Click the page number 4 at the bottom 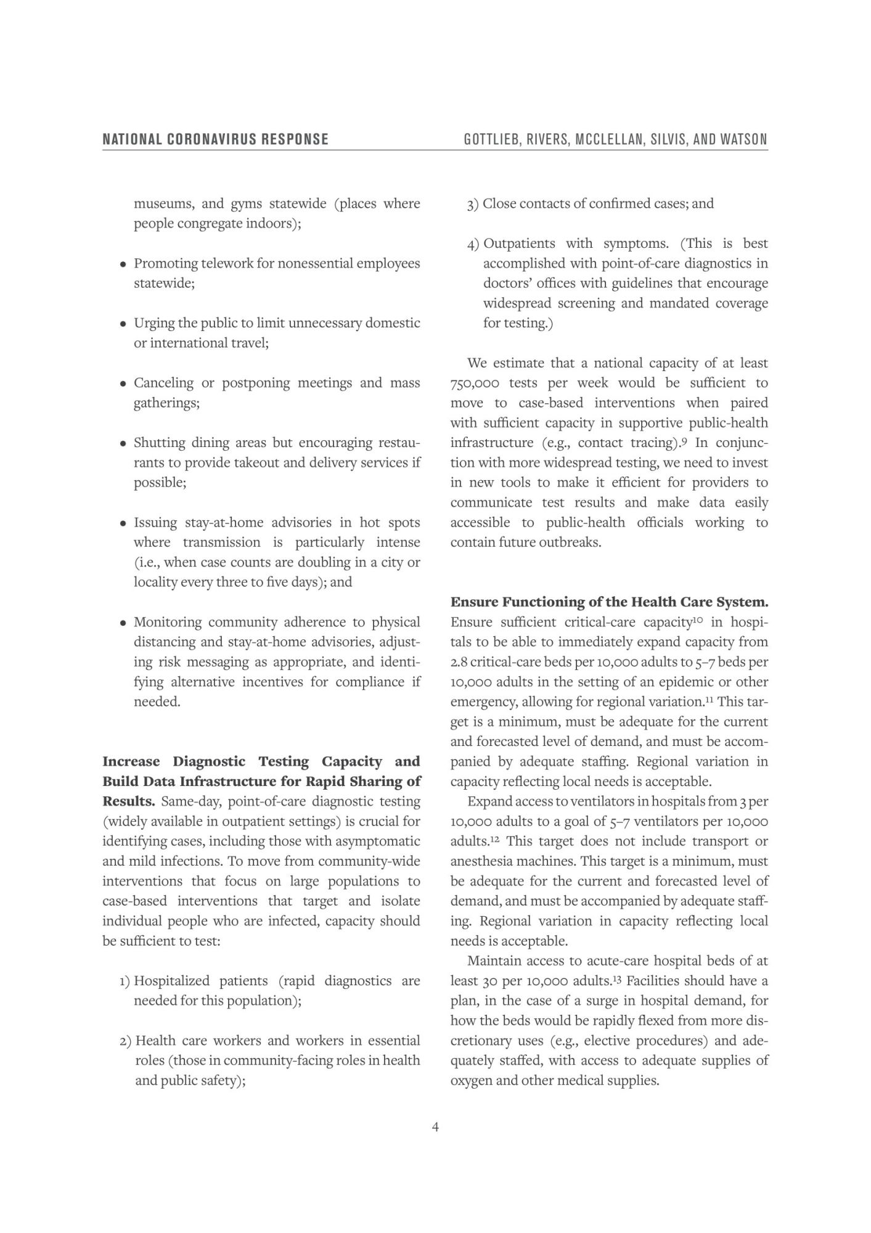pos(435,1127)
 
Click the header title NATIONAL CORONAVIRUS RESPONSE pos(215,139)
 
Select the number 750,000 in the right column pos(474,383)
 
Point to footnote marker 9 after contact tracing pos(684,440)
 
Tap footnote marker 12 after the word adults pos(494,839)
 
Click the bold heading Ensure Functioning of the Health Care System pos(609,602)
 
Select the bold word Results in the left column pos(128,801)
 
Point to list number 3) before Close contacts pos(472,204)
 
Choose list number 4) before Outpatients pos(473,244)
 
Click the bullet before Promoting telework pos(123,264)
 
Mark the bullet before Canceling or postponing pos(123,383)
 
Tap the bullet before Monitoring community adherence pos(123,623)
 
